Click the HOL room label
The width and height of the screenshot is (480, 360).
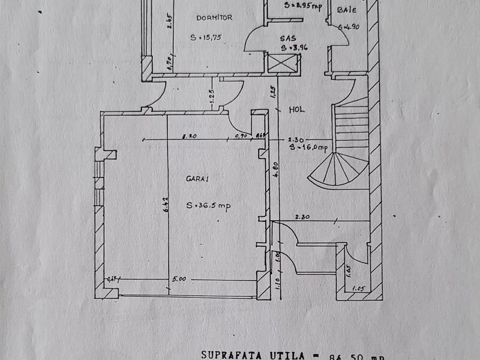click(x=297, y=110)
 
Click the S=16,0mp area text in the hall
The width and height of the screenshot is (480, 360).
click(x=308, y=147)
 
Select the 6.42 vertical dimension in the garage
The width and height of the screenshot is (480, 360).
click(x=163, y=207)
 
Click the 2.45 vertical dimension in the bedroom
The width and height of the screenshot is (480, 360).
click(x=170, y=23)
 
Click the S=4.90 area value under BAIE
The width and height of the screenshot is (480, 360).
click(x=348, y=26)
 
